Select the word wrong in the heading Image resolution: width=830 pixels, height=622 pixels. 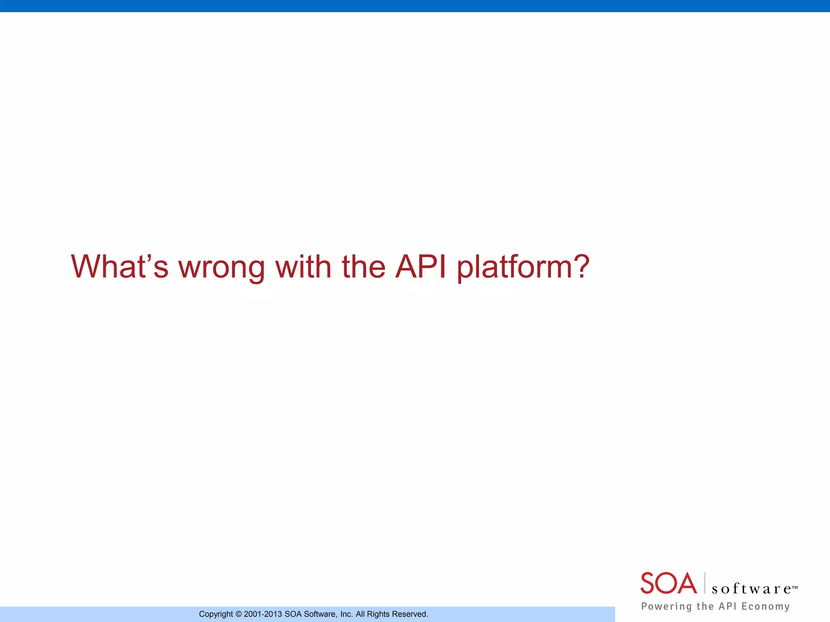click(x=222, y=268)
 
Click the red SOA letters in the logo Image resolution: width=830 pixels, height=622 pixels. click(x=668, y=584)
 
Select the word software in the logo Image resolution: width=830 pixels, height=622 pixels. click(x=751, y=589)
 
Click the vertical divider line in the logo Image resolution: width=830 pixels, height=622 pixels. click(x=705, y=583)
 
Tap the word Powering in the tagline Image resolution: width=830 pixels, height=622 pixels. click(x=666, y=606)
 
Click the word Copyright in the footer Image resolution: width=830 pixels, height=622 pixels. click(x=216, y=614)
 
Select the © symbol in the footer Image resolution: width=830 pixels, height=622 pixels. click(x=238, y=614)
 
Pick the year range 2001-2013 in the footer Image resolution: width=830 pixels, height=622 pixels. click(x=263, y=614)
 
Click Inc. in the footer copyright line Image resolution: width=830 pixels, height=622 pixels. click(x=347, y=614)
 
